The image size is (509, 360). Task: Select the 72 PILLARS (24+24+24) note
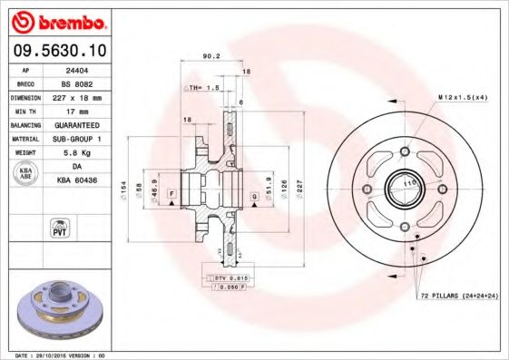pos(459,296)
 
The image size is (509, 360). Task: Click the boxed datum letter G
pos(256,196)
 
